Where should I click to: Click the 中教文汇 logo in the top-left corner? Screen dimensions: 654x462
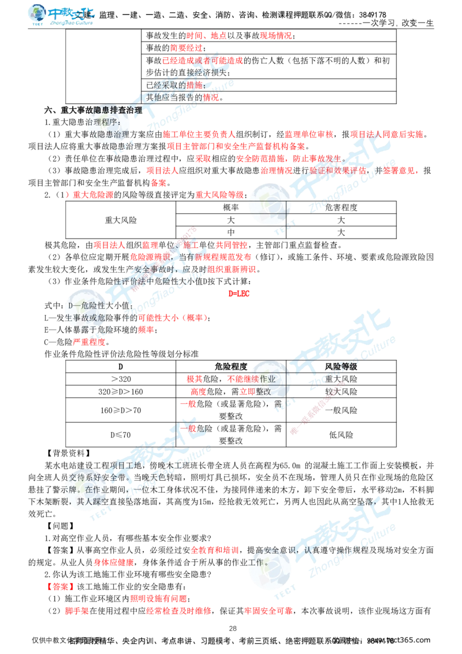62,16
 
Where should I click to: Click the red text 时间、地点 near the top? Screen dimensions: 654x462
206,36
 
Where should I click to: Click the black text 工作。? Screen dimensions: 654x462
259,562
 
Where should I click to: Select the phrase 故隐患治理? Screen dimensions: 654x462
110,135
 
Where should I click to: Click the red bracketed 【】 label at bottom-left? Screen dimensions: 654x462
60,586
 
